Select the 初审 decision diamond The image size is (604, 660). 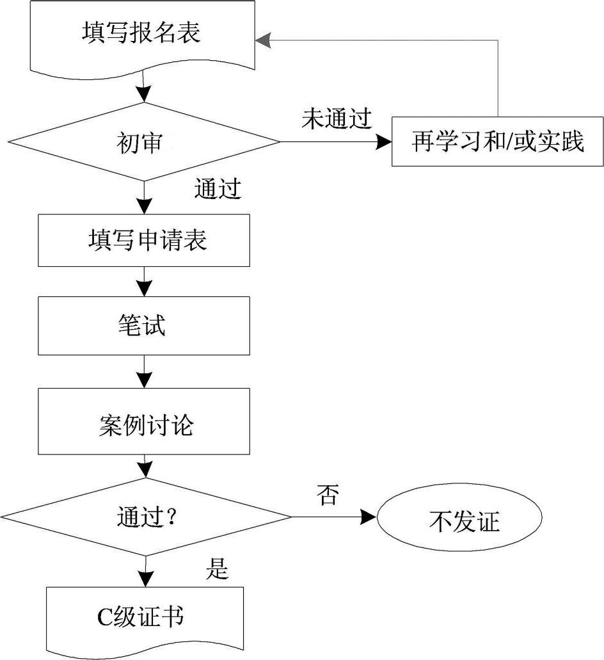[143, 141]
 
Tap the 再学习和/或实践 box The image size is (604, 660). [497, 141]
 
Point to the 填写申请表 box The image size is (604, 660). [144, 240]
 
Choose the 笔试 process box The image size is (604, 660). [144, 325]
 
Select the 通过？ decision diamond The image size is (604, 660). [146, 515]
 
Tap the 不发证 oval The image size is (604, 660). [459, 517]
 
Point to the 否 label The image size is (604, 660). [328, 494]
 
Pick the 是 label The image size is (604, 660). [217, 568]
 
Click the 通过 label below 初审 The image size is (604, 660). [217, 189]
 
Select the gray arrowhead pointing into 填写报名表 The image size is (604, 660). [262, 41]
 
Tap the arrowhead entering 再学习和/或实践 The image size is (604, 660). [383, 141]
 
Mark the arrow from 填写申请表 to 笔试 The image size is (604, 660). [145, 281]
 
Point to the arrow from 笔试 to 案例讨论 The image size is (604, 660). [145, 371]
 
